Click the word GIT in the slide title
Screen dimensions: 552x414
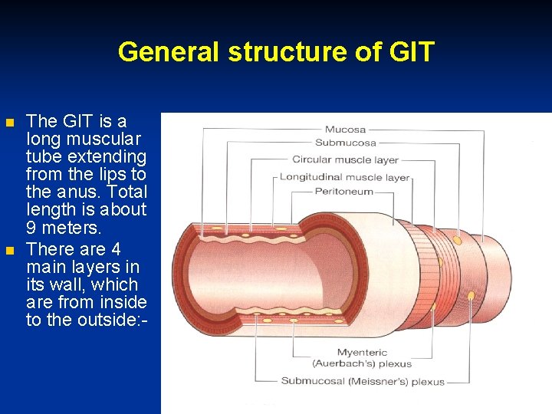[412, 52]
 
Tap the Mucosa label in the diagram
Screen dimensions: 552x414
[345, 130]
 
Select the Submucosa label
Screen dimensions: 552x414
[345, 143]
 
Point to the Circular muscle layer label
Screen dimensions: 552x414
[345, 160]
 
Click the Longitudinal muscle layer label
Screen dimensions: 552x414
[344, 178]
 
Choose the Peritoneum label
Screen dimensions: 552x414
[343, 192]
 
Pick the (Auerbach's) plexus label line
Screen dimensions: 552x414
[362, 363]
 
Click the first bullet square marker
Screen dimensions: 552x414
[9, 123]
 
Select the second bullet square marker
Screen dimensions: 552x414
[9, 251]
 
